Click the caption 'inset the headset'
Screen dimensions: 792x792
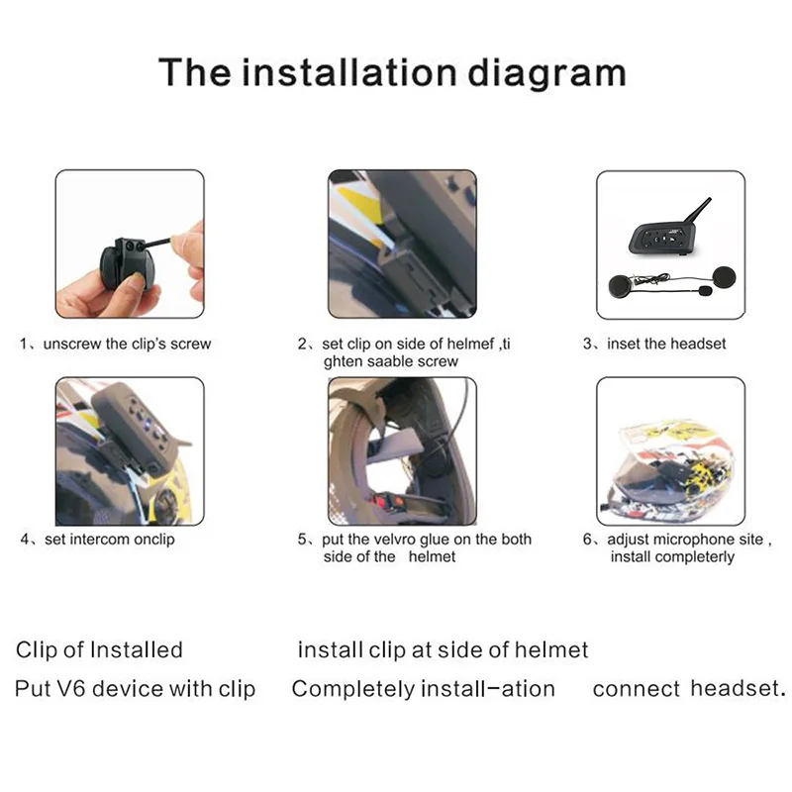point(667,344)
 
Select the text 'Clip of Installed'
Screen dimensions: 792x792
point(99,650)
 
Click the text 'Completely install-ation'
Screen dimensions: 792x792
point(423,689)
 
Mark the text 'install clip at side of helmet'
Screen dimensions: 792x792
point(443,650)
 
